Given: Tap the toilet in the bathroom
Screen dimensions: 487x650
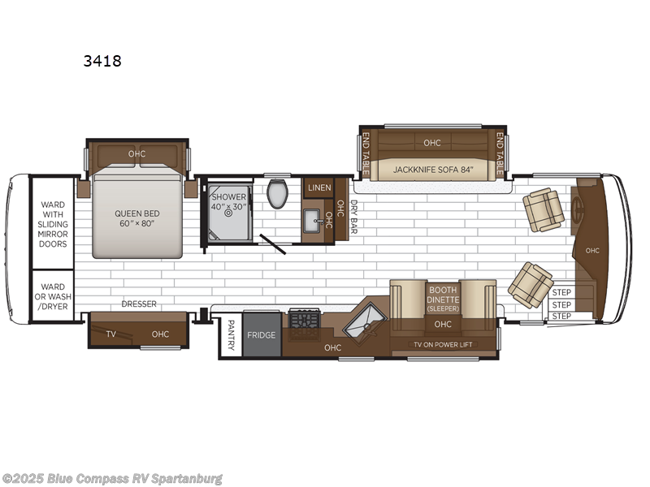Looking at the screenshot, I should click(279, 193).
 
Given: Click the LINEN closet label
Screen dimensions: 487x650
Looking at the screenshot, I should click(318, 188).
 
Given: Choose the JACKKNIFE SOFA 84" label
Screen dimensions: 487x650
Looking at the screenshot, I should click(431, 170).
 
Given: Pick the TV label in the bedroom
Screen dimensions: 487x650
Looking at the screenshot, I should click(110, 334).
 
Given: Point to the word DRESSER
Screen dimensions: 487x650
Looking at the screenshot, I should click(139, 304).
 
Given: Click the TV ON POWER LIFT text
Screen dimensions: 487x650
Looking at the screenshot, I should click(443, 344).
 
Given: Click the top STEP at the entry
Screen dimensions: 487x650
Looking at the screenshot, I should click(561, 292).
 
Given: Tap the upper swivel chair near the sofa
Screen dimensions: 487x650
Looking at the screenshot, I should click(542, 209).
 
